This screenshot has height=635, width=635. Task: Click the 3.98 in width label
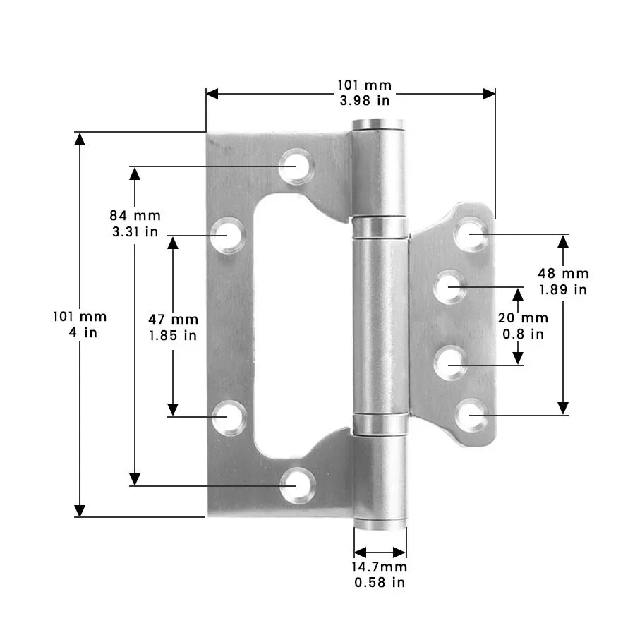tap(364, 101)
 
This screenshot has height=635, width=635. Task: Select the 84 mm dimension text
tap(135, 215)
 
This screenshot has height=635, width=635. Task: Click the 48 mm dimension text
tap(564, 274)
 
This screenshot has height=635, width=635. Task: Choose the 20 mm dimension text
tap(523, 318)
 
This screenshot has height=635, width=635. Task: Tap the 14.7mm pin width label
tap(380, 567)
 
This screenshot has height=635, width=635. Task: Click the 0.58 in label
tap(380, 582)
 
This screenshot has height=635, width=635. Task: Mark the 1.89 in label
tap(564, 289)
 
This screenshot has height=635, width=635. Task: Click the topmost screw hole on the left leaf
tap(296, 167)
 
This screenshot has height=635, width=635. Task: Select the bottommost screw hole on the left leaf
tap(297, 485)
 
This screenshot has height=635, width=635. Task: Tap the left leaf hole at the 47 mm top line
tap(229, 235)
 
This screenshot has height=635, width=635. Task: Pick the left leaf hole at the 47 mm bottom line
tap(229, 417)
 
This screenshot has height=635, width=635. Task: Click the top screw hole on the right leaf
tap(471, 234)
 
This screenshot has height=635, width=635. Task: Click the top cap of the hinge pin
tap(379, 126)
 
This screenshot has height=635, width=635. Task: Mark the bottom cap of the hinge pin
tap(380, 524)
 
